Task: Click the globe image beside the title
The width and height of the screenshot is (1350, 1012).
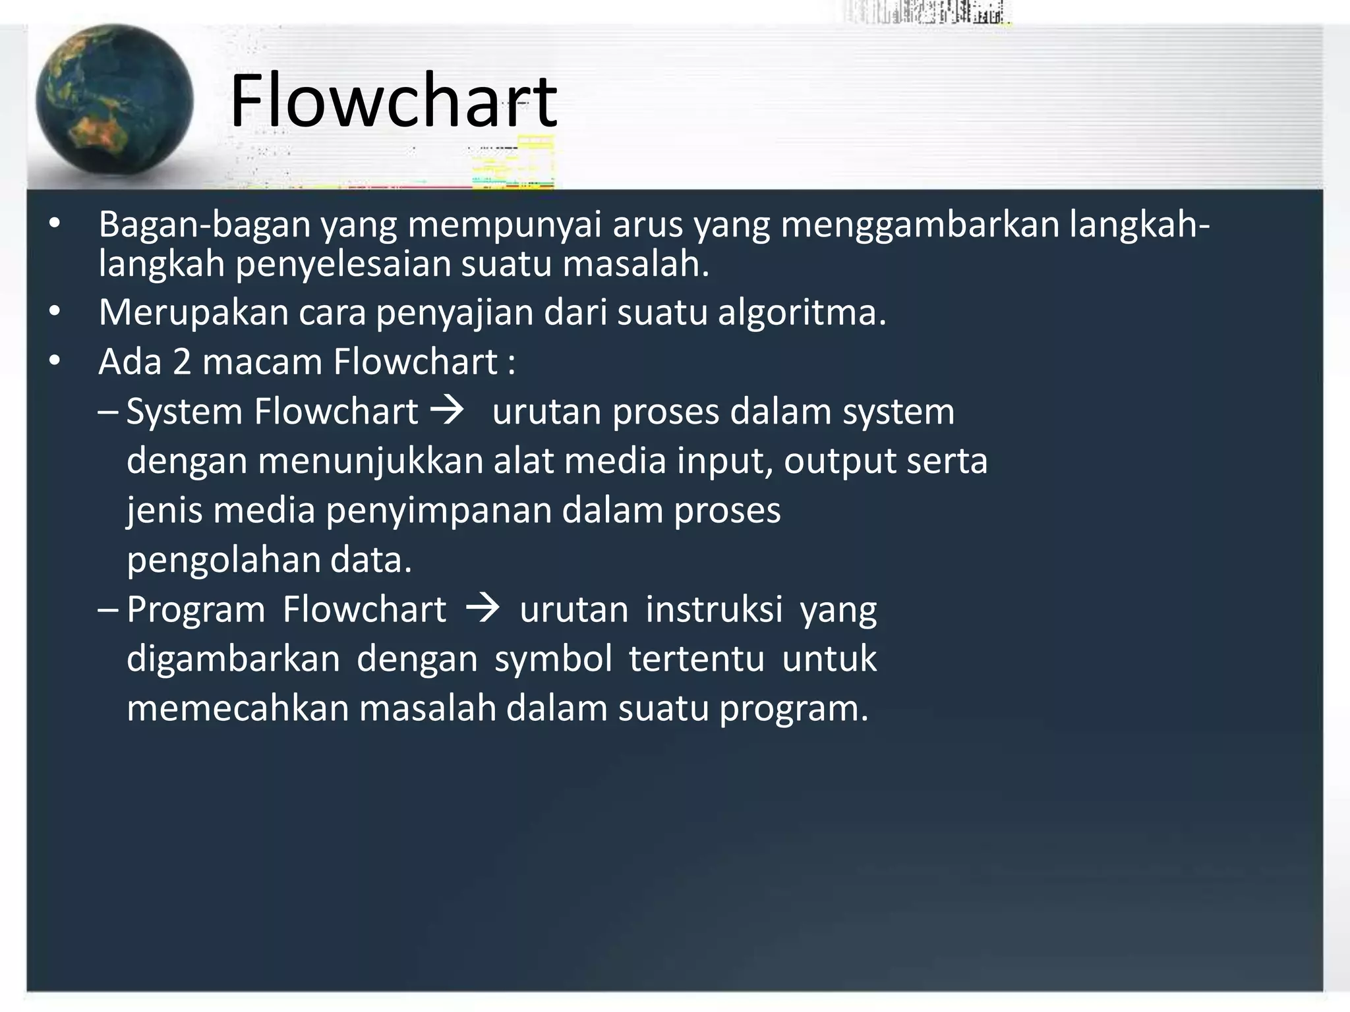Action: click(114, 101)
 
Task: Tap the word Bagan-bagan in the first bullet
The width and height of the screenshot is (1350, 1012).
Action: click(204, 225)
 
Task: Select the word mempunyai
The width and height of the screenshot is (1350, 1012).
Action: click(504, 225)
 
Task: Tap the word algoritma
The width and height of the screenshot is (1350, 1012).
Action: click(802, 312)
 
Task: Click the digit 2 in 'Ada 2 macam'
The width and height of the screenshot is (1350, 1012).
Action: click(182, 362)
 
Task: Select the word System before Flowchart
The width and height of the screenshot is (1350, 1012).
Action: click(185, 412)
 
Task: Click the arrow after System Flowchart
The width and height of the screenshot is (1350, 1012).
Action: click(447, 410)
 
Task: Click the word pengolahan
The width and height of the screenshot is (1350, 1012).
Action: click(223, 560)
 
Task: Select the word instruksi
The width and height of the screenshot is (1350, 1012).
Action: click(714, 609)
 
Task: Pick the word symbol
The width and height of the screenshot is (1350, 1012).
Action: click(554, 659)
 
